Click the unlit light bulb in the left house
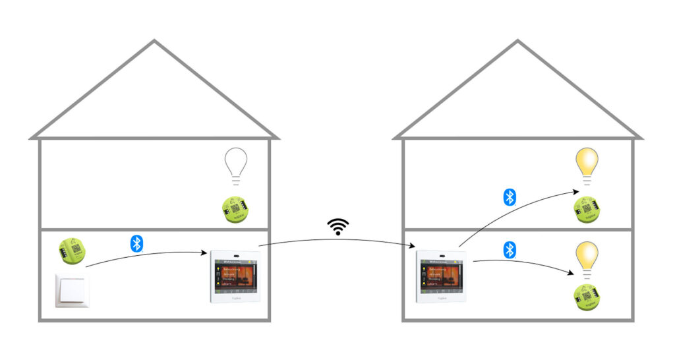click(235, 163)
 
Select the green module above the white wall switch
click(73, 248)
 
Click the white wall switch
click(71, 290)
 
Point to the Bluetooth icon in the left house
click(136, 243)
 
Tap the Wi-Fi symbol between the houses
click(338, 227)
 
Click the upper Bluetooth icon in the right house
click(510, 197)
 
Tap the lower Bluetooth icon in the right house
click(509, 250)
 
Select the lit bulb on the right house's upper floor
click(586, 164)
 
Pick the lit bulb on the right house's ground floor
click(586, 256)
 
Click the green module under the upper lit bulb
click(585, 209)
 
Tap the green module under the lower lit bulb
click(584, 297)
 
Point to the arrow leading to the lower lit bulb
click(521, 264)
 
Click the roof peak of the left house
click(154, 42)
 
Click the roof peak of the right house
click(517, 42)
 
